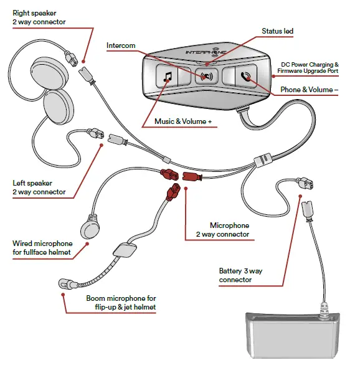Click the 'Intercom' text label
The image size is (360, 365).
[121, 46]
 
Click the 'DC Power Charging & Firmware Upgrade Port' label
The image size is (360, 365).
[310, 68]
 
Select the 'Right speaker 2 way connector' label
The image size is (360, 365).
[39, 17]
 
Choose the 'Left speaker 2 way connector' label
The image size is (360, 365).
[39, 187]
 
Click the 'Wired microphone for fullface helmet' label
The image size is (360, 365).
[42, 247]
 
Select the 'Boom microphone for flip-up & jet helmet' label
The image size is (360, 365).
[121, 303]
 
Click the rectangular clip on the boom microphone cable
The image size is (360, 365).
[126, 250]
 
